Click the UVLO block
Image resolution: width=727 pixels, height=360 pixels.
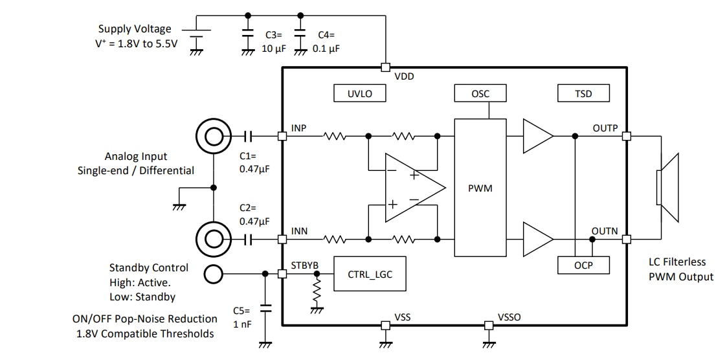pyautogui.click(x=359, y=94)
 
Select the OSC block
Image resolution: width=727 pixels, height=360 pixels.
pyautogui.click(x=480, y=94)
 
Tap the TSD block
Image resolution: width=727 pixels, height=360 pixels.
pyautogui.click(x=583, y=94)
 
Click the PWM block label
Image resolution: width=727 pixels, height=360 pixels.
pyautogui.click(x=480, y=188)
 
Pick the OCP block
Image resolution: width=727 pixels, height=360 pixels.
pyautogui.click(x=583, y=265)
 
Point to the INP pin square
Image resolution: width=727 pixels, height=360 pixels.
pyautogui.click(x=282, y=136)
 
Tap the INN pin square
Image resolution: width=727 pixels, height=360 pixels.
pyautogui.click(x=282, y=239)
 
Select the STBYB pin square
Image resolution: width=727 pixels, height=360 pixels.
pyautogui.click(x=282, y=274)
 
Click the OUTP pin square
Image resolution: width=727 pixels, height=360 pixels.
pyautogui.click(x=626, y=136)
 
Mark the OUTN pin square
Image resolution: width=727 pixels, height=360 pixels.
pyautogui.click(x=626, y=239)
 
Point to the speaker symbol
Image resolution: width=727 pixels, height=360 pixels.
pyautogui.click(x=667, y=188)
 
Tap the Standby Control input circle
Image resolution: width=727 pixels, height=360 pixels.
pyautogui.click(x=213, y=274)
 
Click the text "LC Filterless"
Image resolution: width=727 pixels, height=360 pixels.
pyautogui.click(x=677, y=262)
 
